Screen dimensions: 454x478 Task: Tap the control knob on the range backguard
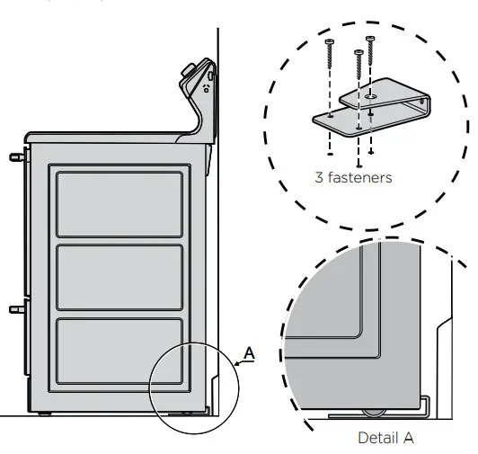click(192, 70)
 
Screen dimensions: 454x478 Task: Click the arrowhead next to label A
click(236, 363)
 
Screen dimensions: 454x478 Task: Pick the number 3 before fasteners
click(319, 178)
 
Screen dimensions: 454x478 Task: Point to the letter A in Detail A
click(409, 438)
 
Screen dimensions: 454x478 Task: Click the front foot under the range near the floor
click(45, 414)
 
